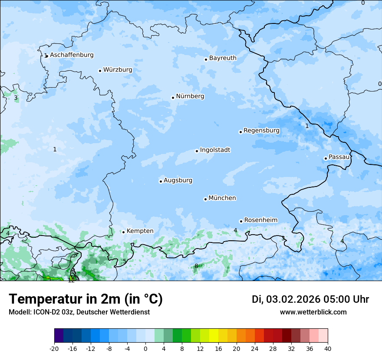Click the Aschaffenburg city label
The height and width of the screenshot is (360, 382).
point(72,55)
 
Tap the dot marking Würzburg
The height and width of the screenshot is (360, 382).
point(100,71)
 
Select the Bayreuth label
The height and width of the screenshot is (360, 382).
point(223,58)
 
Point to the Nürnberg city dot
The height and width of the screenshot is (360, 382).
point(173,98)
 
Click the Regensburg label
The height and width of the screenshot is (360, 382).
point(261,131)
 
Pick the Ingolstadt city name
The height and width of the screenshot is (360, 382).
point(215,150)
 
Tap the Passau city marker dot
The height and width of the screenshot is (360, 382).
point(326,158)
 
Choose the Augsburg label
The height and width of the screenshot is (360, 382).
point(178,180)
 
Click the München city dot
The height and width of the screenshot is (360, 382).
point(205,199)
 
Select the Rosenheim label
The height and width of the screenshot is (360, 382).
point(260,220)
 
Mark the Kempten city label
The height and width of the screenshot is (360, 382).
point(140,231)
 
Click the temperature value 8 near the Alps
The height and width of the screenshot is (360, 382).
point(196,266)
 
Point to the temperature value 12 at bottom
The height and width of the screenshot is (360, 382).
point(71,280)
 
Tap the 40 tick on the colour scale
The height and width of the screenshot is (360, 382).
point(327,348)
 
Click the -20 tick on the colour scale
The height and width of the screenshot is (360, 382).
point(54,348)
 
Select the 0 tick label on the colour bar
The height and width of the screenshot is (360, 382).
point(145,348)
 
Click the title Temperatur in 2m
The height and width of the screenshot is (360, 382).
point(86,299)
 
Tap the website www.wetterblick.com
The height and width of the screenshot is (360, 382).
point(313,312)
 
